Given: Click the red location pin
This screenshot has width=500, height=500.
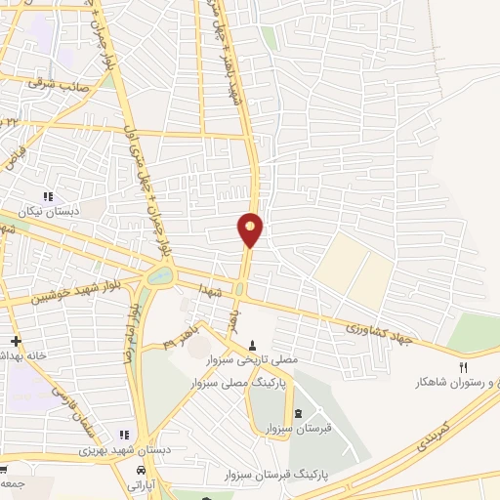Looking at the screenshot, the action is pos(251,229).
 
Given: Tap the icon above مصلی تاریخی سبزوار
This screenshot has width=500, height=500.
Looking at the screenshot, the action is pos(253,344).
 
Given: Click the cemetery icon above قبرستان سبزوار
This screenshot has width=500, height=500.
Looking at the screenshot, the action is pos(298,414).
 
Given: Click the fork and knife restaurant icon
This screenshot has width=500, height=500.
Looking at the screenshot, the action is pos(464,367).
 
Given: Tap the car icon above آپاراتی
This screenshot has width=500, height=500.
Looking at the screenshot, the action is pos(140,469).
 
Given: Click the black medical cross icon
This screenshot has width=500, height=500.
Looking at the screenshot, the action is pos(15,340).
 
